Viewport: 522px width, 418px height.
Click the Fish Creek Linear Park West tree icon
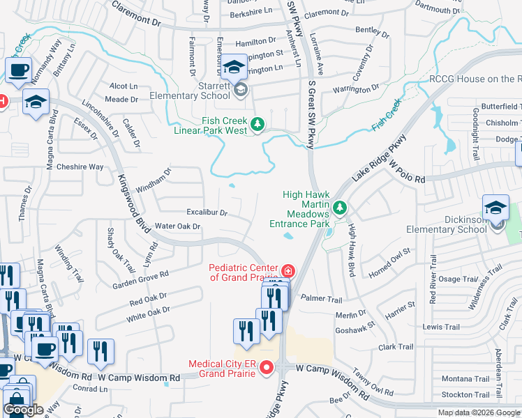click(258, 125)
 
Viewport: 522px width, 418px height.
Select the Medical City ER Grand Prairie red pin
click(265, 370)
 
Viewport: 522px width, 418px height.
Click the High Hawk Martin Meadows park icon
click(340, 208)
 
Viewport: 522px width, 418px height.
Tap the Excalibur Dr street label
click(207, 212)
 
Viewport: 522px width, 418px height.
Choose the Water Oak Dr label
click(177, 226)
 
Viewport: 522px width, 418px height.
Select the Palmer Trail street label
click(322, 298)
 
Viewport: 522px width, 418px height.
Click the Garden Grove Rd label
click(141, 280)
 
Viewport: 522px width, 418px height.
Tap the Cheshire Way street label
click(80, 167)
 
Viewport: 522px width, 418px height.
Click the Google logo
click(24, 410)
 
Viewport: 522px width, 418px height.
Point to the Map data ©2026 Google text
click(478, 412)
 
